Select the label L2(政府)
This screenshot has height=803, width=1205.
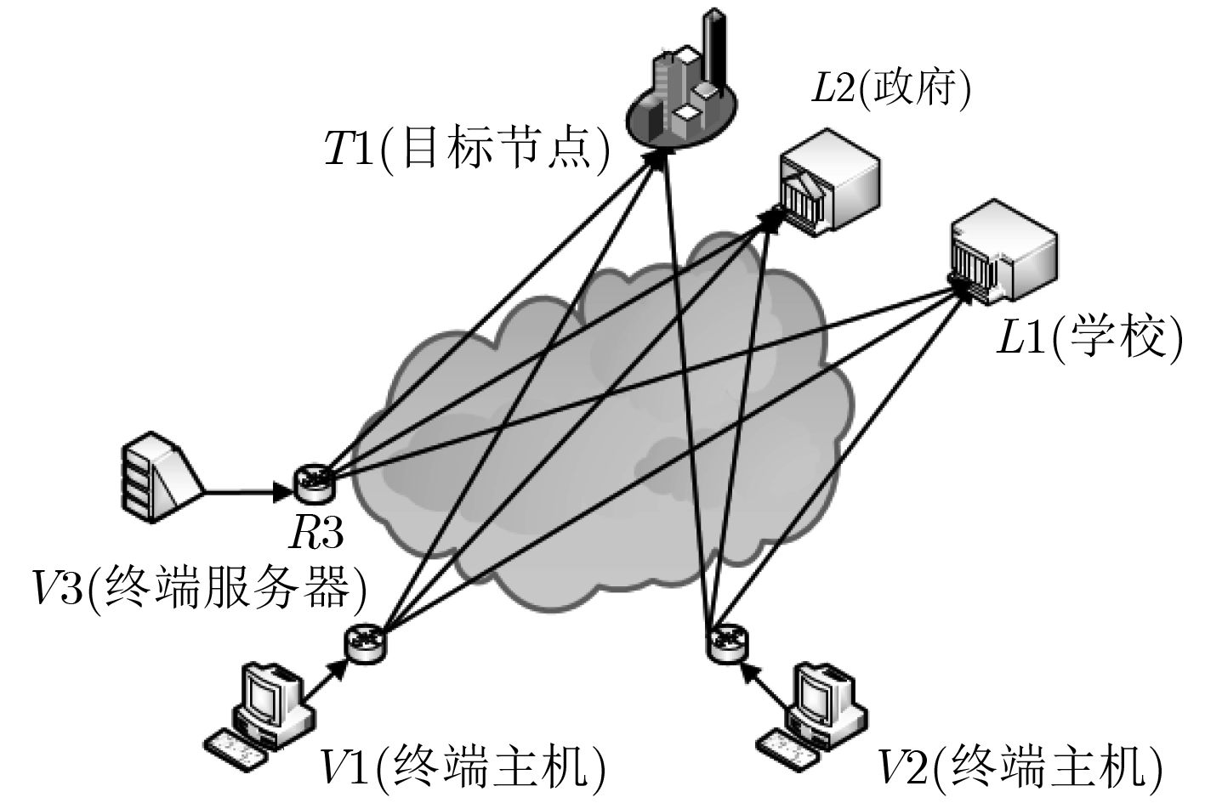(x=891, y=88)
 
